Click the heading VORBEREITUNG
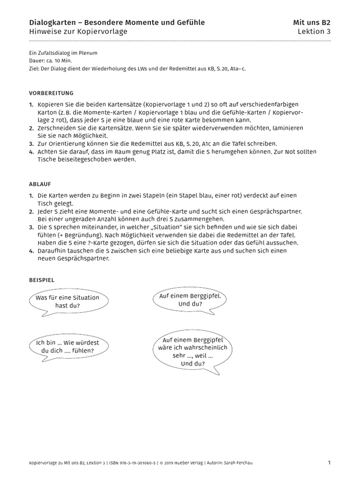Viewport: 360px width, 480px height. coord(51,93)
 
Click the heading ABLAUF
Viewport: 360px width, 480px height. coord(40,184)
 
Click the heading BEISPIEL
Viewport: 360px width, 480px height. coord(42,279)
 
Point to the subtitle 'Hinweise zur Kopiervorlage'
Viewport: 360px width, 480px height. coord(78,31)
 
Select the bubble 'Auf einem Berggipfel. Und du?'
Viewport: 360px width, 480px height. coord(190,300)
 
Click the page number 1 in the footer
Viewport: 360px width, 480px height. coord(329,463)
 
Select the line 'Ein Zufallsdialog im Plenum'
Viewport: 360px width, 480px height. coord(63,53)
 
